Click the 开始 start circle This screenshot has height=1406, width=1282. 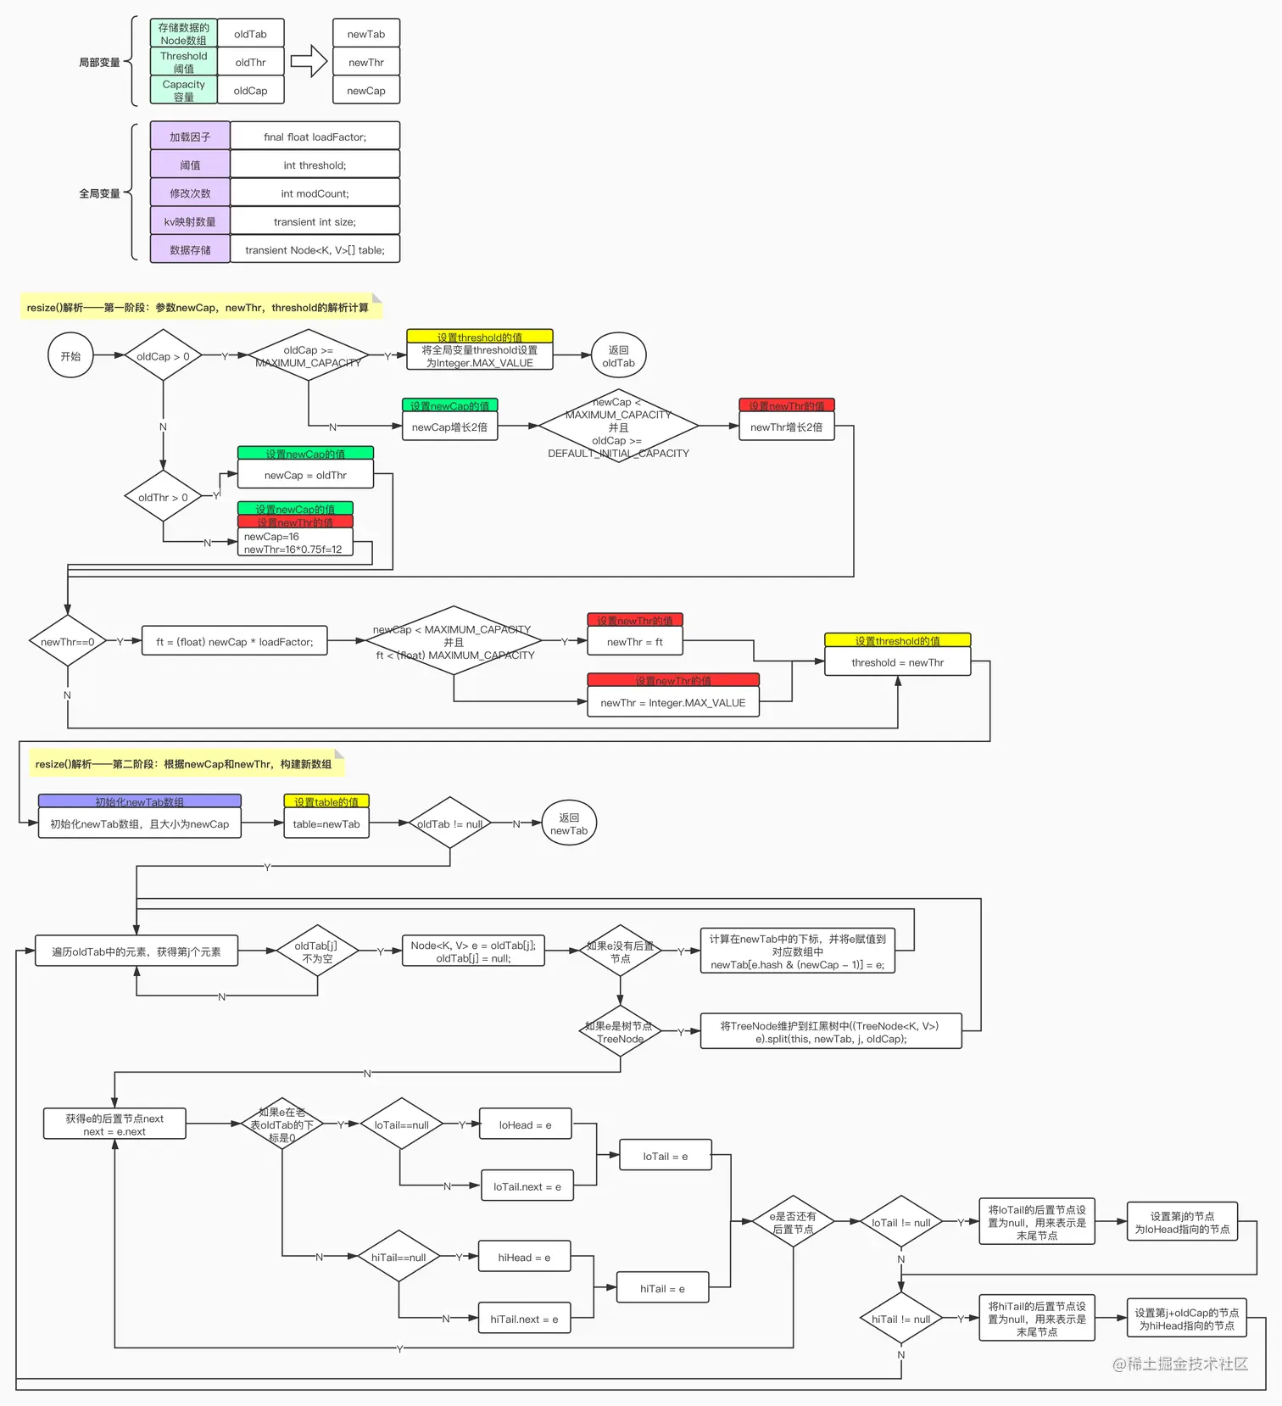click(x=70, y=355)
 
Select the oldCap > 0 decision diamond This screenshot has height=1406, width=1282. click(x=163, y=356)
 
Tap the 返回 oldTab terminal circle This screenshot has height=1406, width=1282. click(x=618, y=356)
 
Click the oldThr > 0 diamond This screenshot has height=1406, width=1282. click(x=163, y=497)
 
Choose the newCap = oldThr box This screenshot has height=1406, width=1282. click(x=305, y=475)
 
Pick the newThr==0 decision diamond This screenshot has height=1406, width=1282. click(x=67, y=641)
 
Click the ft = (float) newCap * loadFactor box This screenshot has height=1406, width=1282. click(x=235, y=642)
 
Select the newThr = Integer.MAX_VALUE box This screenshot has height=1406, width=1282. click(x=672, y=702)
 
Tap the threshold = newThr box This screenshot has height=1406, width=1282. click(x=897, y=662)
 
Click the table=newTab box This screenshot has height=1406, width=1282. click(x=326, y=823)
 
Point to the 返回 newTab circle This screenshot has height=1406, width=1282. click(x=569, y=823)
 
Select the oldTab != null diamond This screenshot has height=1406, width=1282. click(x=449, y=823)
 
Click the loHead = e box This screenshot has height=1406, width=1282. click(x=525, y=1124)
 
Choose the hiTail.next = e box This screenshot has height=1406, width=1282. click(x=524, y=1319)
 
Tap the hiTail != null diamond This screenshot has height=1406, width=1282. click(x=900, y=1319)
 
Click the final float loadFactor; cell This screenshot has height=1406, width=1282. click(x=315, y=137)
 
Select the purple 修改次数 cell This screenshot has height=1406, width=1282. click(x=190, y=193)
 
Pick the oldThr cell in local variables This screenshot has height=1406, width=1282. click(x=250, y=62)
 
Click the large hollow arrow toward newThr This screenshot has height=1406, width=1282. click(x=309, y=61)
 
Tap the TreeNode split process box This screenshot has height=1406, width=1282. click(x=830, y=1031)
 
